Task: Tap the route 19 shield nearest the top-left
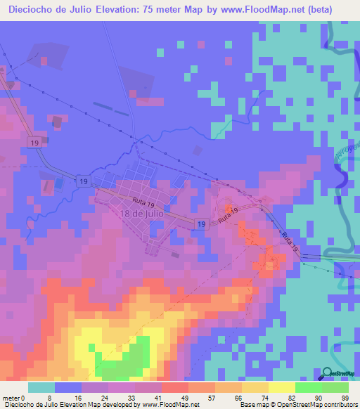click(33, 143)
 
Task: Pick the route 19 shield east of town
click(202, 224)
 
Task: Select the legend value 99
click(345, 398)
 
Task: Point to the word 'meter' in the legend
click(10, 398)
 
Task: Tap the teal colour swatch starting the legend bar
click(41, 387)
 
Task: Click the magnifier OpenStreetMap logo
click(326, 374)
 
